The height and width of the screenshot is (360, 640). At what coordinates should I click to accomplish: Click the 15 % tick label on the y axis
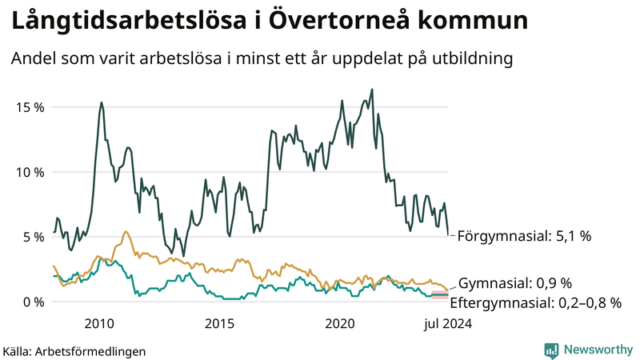click(28, 107)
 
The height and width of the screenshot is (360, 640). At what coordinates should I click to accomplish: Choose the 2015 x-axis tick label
click(220, 323)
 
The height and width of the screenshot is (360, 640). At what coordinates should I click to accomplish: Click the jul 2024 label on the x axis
click(446, 323)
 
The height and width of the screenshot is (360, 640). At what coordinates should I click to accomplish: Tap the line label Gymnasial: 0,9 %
click(515, 283)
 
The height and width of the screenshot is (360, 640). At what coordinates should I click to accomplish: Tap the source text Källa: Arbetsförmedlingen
click(74, 350)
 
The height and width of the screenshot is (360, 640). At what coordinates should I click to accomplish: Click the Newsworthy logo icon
click(551, 350)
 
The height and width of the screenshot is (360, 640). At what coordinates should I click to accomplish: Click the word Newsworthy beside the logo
click(597, 350)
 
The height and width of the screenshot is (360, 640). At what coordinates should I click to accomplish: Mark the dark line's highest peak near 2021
click(372, 89)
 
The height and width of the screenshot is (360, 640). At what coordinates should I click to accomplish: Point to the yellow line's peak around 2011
click(126, 231)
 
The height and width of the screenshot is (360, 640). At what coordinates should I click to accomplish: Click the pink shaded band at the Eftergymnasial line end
click(440, 296)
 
